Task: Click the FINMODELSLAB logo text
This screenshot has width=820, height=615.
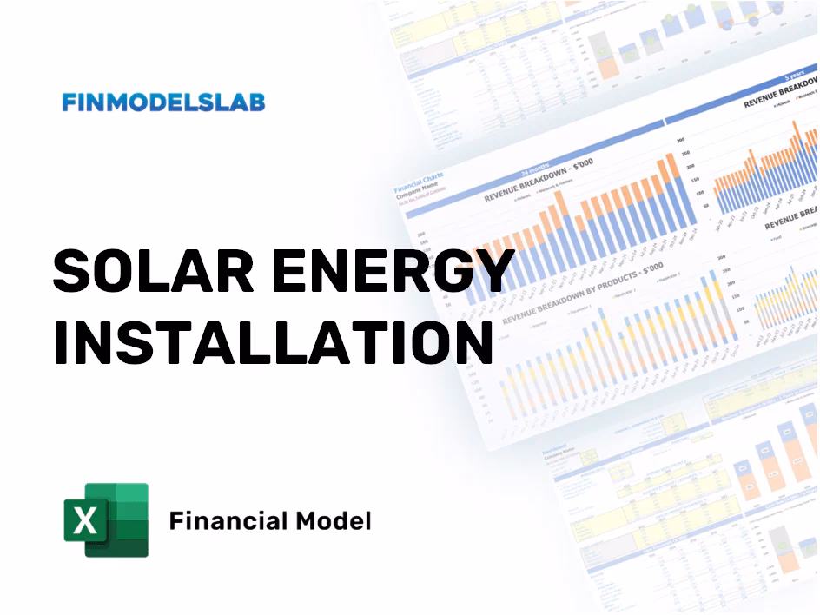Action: point(163,102)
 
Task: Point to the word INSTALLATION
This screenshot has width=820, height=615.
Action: point(273,343)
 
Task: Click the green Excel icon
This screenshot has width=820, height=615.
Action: point(106,519)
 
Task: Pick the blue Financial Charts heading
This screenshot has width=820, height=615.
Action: point(419,182)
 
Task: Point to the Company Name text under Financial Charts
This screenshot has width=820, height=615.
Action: point(416,193)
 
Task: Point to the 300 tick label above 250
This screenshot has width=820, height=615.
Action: point(680,139)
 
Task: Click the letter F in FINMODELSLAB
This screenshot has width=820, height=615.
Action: point(69,102)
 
